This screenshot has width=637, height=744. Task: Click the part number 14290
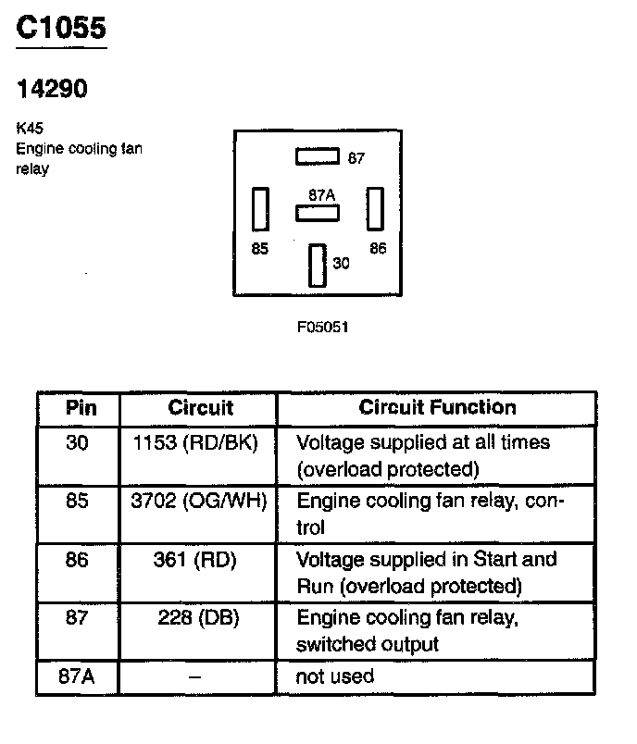pyautogui.click(x=53, y=89)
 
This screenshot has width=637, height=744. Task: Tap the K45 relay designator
pyautogui.click(x=28, y=130)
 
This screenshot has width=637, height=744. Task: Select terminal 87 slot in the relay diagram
pyautogui.click(x=318, y=157)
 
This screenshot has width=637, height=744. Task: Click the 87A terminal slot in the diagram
pyautogui.click(x=318, y=214)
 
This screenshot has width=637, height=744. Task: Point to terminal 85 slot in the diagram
pyautogui.click(x=260, y=209)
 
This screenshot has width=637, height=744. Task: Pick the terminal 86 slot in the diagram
pyautogui.click(x=375, y=209)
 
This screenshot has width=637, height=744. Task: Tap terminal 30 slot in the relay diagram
pyautogui.click(x=318, y=265)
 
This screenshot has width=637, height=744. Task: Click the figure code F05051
pyautogui.click(x=322, y=327)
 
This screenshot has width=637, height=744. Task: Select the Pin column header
pyautogui.click(x=81, y=408)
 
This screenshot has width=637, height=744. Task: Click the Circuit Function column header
pyautogui.click(x=437, y=408)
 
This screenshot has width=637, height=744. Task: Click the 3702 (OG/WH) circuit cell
pyautogui.click(x=199, y=502)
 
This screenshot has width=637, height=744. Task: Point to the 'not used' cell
pyautogui.click(x=334, y=676)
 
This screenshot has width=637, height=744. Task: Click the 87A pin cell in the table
pyautogui.click(x=77, y=676)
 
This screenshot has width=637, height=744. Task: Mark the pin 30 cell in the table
pyautogui.click(x=78, y=442)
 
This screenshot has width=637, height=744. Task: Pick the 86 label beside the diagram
pyautogui.click(x=378, y=249)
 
